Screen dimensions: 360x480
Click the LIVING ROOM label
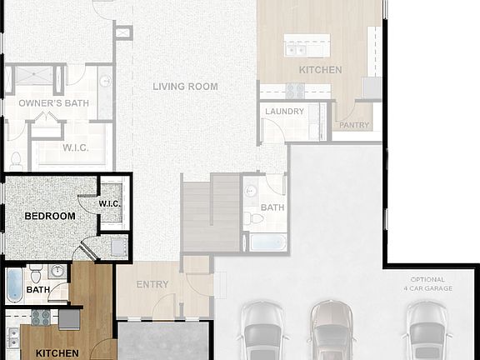(185, 87)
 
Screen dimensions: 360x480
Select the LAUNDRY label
(285, 112)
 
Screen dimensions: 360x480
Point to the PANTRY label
(355, 126)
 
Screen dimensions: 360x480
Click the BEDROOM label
(50, 216)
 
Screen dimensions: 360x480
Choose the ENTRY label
(152, 285)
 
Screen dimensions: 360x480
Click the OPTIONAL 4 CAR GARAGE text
(427, 284)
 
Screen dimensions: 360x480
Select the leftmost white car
(262, 332)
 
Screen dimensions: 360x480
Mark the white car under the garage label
(427, 332)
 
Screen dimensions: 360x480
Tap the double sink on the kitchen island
(296, 50)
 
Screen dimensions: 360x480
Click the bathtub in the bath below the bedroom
(15, 285)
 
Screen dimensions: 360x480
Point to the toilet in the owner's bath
(16, 158)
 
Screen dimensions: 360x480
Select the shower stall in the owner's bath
(33, 78)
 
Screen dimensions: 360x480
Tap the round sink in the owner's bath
(106, 81)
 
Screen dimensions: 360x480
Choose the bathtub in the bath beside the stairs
(267, 242)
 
